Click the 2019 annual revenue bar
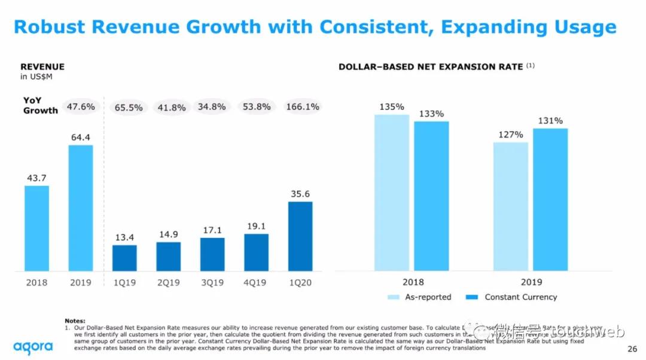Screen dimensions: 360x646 pyautogui.click(x=80, y=208)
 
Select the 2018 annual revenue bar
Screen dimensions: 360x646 pyautogui.click(x=36, y=228)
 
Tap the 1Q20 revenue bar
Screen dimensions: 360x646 pyautogui.click(x=300, y=236)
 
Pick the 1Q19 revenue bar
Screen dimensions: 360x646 pyautogui.click(x=124, y=258)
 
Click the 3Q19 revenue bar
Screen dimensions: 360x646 pyautogui.click(x=212, y=254)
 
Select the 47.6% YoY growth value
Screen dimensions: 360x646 pyautogui.click(x=80, y=106)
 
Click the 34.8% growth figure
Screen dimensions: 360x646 pyautogui.click(x=212, y=107)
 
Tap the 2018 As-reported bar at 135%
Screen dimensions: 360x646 pyautogui.click(x=392, y=193)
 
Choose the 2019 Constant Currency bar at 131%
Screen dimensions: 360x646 pyautogui.click(x=550, y=200)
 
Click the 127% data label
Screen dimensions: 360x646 pyautogui.click(x=511, y=135)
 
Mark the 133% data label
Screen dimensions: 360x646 pyautogui.click(x=431, y=114)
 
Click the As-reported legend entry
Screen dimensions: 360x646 pyautogui.click(x=419, y=297)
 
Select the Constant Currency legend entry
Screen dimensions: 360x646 pyautogui.click(x=514, y=297)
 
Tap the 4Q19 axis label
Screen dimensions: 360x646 pyautogui.click(x=256, y=283)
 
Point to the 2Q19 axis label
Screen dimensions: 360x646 pyautogui.click(x=168, y=283)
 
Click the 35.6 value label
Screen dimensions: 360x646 pyautogui.click(x=300, y=194)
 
